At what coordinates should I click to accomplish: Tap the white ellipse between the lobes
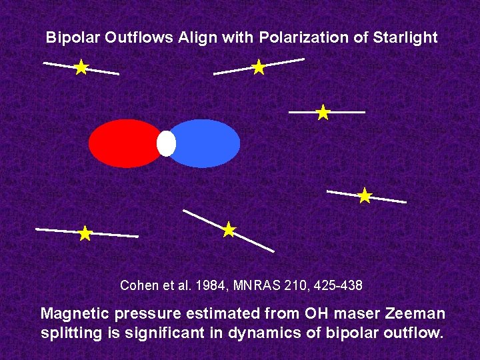(x=166, y=143)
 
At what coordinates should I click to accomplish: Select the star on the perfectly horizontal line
(x=323, y=112)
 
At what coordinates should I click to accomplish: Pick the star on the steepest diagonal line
(x=229, y=230)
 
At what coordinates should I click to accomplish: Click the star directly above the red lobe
(x=81, y=67)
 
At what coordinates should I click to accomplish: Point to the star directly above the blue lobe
(x=259, y=67)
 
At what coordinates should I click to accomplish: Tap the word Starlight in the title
(x=404, y=38)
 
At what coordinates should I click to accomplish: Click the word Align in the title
(x=197, y=38)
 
